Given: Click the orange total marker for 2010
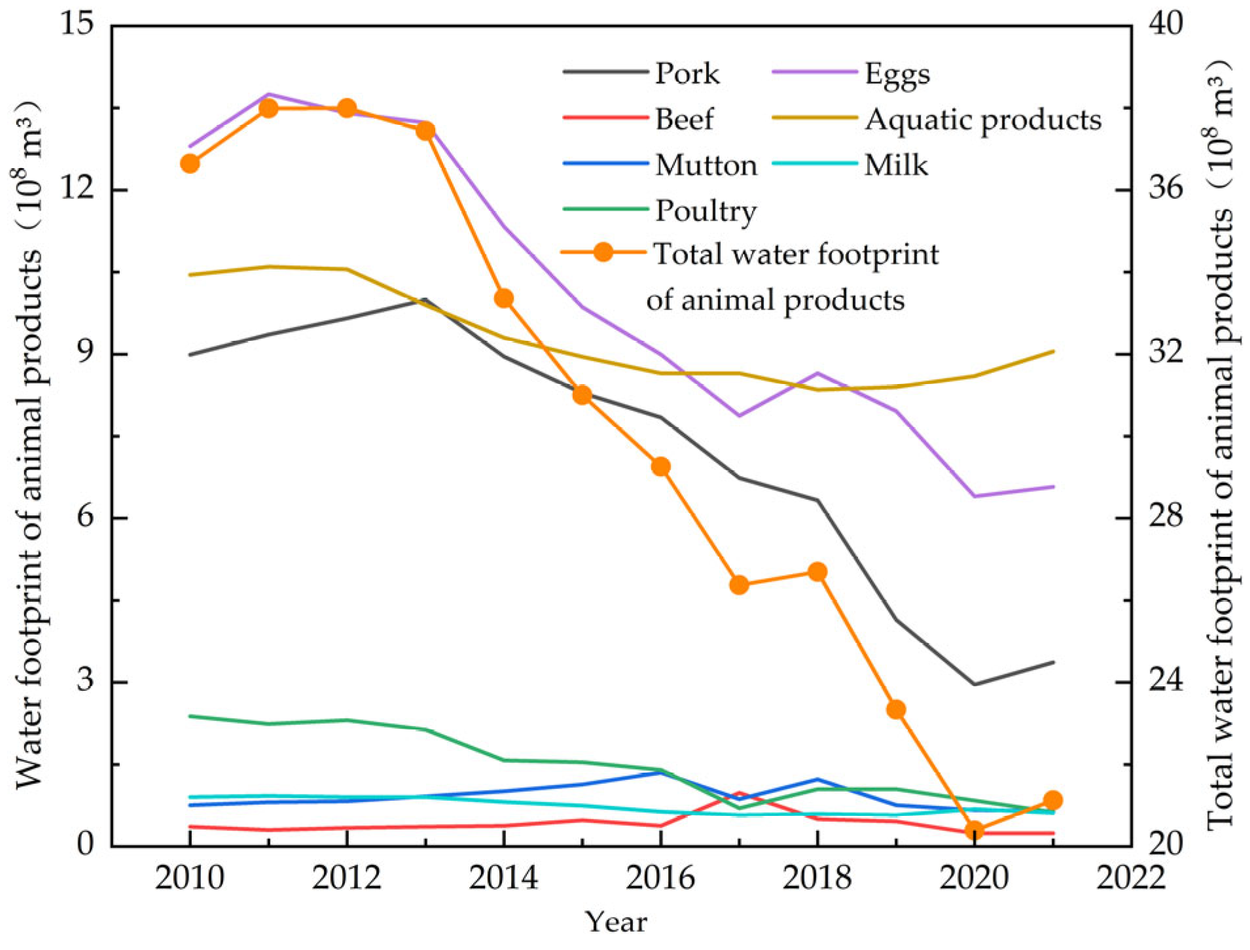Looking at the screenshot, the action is click(190, 164).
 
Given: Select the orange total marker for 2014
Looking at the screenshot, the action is click(504, 299).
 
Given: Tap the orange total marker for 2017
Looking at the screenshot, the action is click(739, 585).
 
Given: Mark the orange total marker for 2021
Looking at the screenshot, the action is click(1053, 800).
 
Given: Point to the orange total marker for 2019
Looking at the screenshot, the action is click(896, 710).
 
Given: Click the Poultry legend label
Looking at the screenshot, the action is click(706, 211).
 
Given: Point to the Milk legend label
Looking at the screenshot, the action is click(896, 165).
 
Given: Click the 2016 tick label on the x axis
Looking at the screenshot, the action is click(660, 877).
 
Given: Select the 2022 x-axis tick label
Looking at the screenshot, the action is click(1131, 877).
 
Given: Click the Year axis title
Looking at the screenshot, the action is click(616, 922).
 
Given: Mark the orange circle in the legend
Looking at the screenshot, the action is click(603, 252).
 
